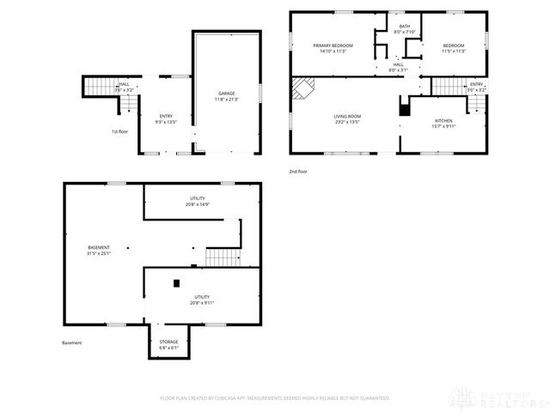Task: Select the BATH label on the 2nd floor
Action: click(x=404, y=28)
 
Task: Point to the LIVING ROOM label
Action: click(x=346, y=118)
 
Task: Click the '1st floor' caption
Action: click(x=119, y=131)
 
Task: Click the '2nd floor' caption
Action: click(x=298, y=172)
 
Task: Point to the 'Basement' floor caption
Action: click(x=72, y=342)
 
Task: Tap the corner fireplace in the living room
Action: click(x=303, y=88)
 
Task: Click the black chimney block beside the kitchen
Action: click(x=403, y=109)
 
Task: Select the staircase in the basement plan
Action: click(x=223, y=256)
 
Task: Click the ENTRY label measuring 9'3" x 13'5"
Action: click(x=166, y=118)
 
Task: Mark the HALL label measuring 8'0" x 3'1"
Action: click(x=399, y=67)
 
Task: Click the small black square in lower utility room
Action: click(x=176, y=282)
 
